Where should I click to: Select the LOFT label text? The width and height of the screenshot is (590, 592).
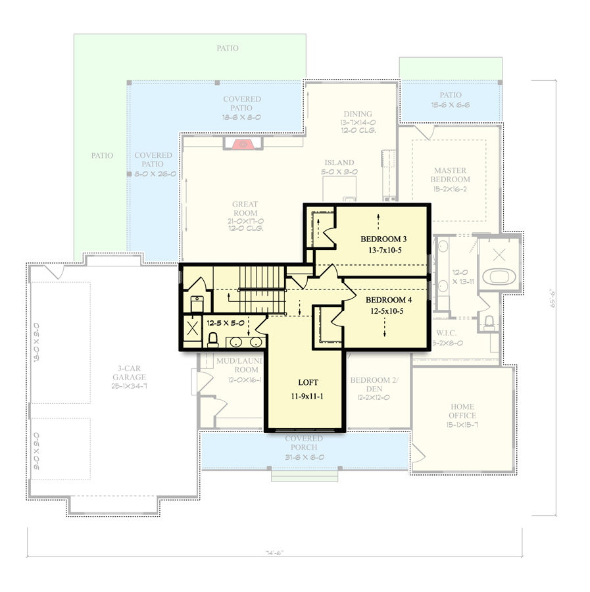click(308, 382)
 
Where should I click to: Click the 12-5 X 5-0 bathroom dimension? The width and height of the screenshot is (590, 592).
click(226, 324)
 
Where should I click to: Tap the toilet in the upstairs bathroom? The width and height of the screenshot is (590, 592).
click(212, 339)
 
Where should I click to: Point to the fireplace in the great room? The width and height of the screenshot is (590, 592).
click(243, 143)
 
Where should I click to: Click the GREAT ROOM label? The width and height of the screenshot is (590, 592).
click(245, 205)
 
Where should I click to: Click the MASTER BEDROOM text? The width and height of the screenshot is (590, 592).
click(450, 174)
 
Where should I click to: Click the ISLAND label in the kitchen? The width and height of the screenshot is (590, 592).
click(339, 162)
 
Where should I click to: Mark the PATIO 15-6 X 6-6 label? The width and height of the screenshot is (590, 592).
click(446, 95)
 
